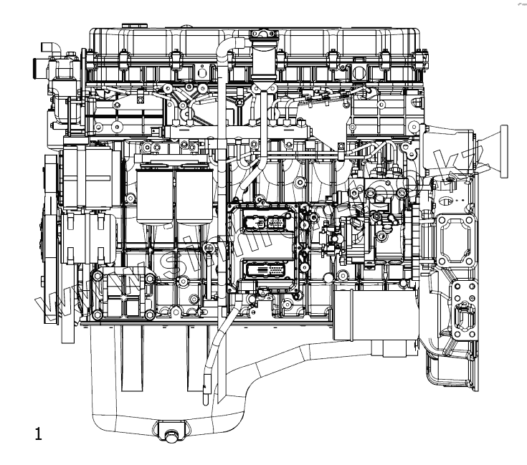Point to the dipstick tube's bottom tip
click(x=207, y=391)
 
